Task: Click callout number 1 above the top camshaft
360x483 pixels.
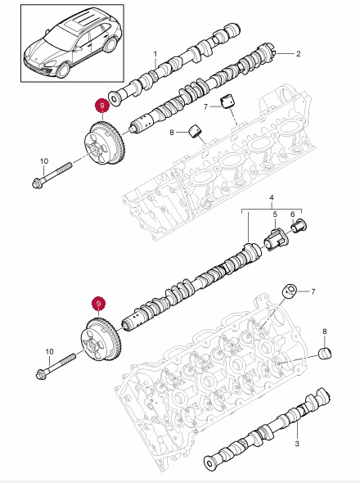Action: pyautogui.click(x=155, y=54)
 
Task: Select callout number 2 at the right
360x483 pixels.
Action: pyautogui.click(x=298, y=54)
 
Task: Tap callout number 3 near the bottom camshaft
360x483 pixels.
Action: pyautogui.click(x=297, y=444)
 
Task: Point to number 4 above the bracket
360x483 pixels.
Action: pyautogui.click(x=272, y=197)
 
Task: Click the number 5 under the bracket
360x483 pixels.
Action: pyautogui.click(x=275, y=214)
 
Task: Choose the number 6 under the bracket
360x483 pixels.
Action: pyautogui.click(x=293, y=214)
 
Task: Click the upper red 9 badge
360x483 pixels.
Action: pyautogui.click(x=102, y=106)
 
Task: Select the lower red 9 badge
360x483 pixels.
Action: pyautogui.click(x=98, y=304)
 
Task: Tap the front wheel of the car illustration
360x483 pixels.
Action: pyautogui.click(x=63, y=70)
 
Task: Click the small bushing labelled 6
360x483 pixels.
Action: pyautogui.click(x=299, y=226)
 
